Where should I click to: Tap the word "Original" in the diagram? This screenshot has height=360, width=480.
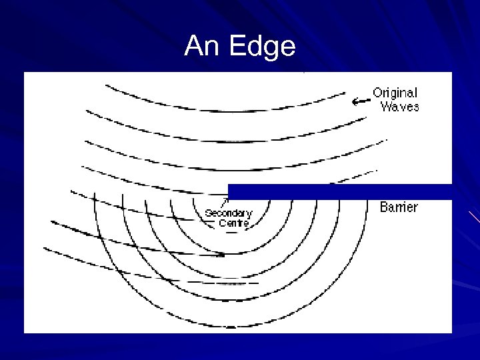[x=395, y=93]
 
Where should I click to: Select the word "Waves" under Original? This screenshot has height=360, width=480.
[x=399, y=106]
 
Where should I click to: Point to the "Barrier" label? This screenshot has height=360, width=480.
[x=399, y=207]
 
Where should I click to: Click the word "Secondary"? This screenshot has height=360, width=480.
[x=229, y=213]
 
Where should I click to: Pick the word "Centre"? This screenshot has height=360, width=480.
[x=233, y=223]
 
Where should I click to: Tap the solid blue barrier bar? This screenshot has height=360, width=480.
[x=340, y=191]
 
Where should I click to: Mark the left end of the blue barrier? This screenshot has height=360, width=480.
[x=230, y=191]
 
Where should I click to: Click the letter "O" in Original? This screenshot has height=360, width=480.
[x=377, y=93]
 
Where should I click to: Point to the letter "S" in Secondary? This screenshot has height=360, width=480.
[x=208, y=213]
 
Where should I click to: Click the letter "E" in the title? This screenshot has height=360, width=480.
[x=235, y=47]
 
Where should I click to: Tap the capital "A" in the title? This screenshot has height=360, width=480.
[x=194, y=47]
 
